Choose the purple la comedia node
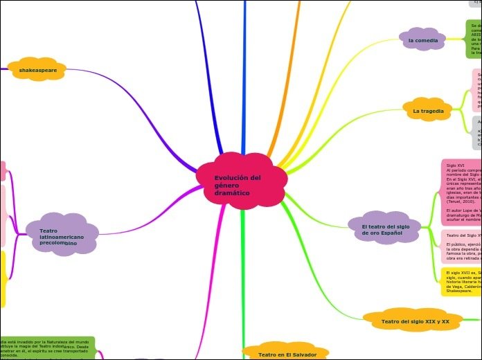[422, 40]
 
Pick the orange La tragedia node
[428, 110]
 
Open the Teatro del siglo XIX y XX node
[415, 321]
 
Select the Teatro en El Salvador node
[287, 354]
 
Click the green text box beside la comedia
[474, 39]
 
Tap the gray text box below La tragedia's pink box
[476, 132]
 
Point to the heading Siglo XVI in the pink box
[456, 165]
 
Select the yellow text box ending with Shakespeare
[461, 282]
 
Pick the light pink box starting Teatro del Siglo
[461, 246]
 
